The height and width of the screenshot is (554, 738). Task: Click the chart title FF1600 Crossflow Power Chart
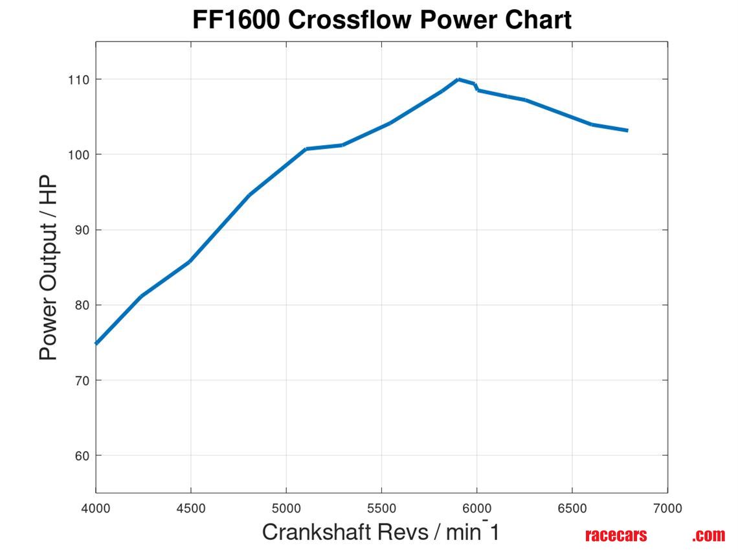tap(382, 19)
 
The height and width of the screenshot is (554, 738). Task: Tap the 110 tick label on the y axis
tap(80, 80)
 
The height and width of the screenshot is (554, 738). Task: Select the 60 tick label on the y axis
tap(82, 456)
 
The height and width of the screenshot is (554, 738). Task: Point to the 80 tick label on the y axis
tap(82, 305)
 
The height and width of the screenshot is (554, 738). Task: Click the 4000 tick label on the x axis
tap(96, 509)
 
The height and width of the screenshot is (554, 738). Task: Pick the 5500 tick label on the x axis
tap(381, 509)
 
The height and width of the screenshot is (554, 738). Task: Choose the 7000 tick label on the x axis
tap(667, 509)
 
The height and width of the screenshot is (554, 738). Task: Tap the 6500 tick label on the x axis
tap(572, 509)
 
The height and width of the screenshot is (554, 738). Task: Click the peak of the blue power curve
tap(458, 80)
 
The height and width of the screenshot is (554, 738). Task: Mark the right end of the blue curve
tap(627, 130)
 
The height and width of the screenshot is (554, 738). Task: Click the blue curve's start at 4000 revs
tap(97, 343)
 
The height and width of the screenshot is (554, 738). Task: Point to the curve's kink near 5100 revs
tap(306, 149)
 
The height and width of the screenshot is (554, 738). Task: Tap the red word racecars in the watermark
tap(616, 535)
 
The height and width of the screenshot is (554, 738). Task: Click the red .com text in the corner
tap(708, 535)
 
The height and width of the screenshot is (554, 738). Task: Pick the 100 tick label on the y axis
tap(80, 155)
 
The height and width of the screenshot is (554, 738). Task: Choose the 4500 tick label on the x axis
tap(191, 509)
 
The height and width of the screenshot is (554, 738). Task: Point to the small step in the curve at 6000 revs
tap(476, 87)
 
